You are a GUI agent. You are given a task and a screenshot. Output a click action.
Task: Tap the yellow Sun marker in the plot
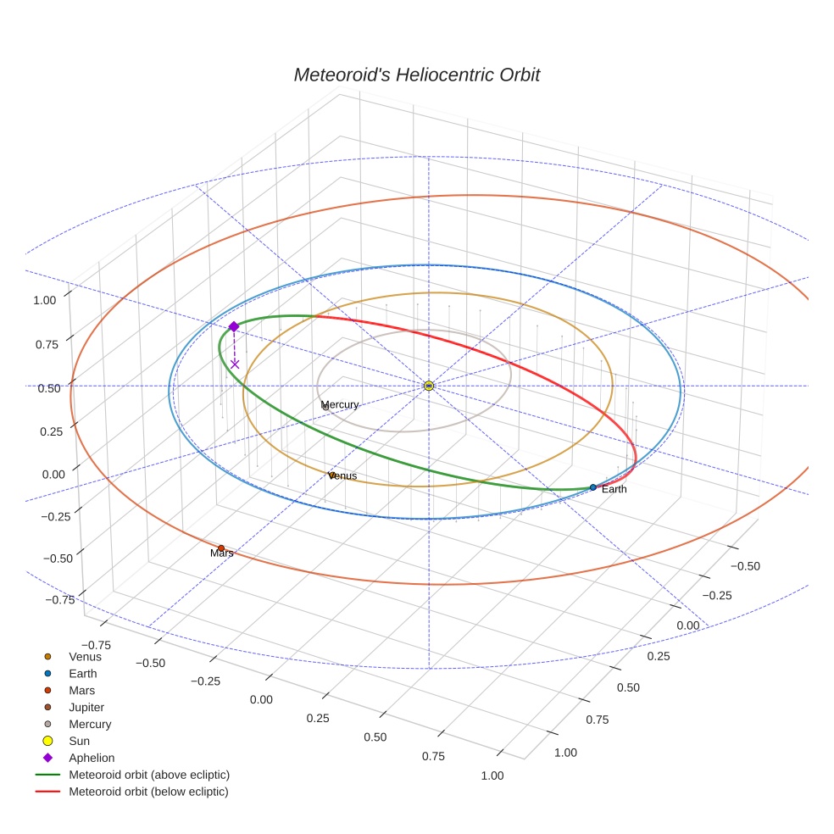429,386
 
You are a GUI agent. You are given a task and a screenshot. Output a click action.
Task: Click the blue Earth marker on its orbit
592,487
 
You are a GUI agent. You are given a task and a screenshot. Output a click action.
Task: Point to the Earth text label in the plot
614,490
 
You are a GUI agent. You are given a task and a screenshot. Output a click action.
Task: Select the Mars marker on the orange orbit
221,548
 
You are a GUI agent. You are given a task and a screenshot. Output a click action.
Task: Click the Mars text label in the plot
221,553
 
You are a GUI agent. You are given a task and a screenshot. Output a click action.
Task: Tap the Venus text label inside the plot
342,476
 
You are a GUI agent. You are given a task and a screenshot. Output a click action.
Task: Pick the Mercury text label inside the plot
340,405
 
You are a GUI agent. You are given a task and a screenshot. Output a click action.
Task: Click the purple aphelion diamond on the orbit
233,326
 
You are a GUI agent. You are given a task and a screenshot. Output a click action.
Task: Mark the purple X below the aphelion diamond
235,364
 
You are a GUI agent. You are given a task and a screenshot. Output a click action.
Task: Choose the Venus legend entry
85,656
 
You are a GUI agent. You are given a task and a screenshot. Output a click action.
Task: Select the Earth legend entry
83,673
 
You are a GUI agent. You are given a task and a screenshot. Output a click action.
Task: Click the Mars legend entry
81,690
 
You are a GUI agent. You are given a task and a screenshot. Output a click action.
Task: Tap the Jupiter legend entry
86,707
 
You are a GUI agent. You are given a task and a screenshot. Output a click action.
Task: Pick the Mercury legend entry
90,724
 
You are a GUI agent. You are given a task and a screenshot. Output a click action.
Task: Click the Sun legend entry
79,741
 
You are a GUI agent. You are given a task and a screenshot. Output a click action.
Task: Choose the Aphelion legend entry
92,758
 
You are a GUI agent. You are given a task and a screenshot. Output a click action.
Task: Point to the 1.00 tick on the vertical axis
44,299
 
